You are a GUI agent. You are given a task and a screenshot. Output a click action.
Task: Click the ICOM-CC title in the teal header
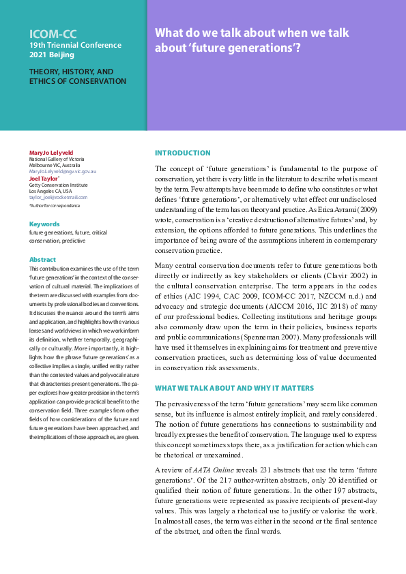pos(52,33)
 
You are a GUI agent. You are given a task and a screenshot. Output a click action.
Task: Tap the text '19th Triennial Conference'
pos(75,46)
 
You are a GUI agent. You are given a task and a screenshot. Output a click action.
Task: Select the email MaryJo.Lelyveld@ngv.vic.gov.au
pos(62,172)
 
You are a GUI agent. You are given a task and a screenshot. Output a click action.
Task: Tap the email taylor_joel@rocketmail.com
pos(58,198)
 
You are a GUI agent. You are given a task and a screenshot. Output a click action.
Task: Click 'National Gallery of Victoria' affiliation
pos(57,159)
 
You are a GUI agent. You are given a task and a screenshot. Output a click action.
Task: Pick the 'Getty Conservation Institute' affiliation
pos(57,185)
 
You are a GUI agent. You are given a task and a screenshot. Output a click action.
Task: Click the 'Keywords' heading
pos(44,224)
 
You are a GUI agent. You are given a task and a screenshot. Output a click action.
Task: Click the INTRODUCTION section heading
pos(182,153)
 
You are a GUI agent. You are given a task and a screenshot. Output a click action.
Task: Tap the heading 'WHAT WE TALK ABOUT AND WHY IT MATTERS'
pos(234,388)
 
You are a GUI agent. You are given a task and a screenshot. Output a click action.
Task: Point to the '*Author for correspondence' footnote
pos(55,205)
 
